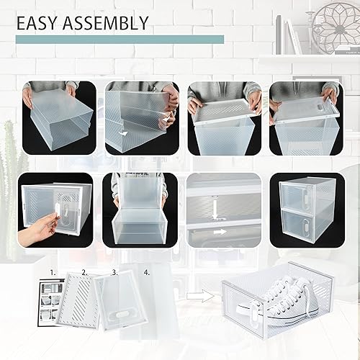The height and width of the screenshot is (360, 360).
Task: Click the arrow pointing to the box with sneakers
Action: pyautogui.click(x=207, y=294)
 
